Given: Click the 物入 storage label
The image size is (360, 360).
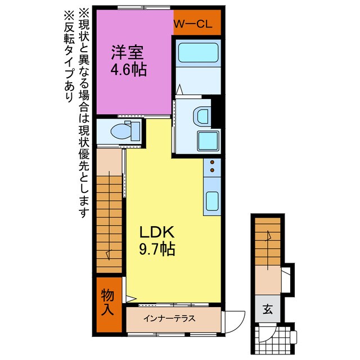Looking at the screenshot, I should click(107, 301).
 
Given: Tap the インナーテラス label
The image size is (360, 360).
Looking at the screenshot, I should click(169, 318).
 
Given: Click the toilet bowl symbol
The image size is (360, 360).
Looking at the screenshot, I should click(121, 131).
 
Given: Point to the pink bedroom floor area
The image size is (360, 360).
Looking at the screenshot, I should click(132, 90).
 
